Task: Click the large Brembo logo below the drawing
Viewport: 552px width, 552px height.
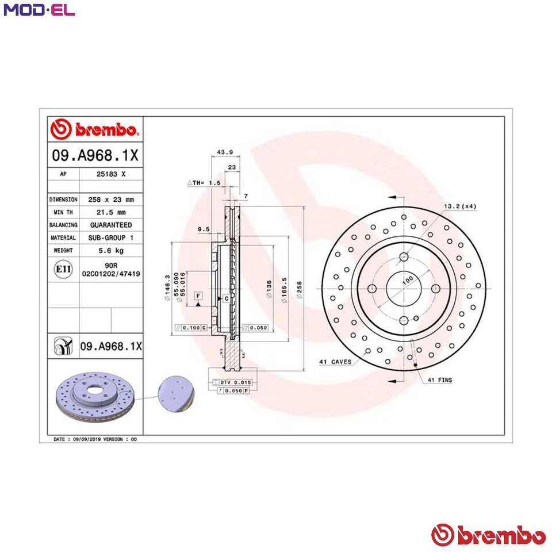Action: coord(488,535)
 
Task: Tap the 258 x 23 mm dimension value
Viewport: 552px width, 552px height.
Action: coord(111,200)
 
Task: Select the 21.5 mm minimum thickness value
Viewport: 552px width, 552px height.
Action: coord(111,212)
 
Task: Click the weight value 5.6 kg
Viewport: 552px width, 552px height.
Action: coord(111,251)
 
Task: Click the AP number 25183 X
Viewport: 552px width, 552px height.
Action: coord(111,173)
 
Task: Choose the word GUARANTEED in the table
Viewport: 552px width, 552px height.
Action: coord(111,225)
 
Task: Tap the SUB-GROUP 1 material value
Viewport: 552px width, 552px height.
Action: coord(111,237)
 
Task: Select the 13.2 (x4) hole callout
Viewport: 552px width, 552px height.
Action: coord(460,206)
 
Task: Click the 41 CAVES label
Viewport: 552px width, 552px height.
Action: coord(335,362)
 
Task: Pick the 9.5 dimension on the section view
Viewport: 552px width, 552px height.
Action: coord(202,229)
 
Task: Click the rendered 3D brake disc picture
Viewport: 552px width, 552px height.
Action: coord(95,397)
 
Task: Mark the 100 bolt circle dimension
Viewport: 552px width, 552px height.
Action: coord(408,280)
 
